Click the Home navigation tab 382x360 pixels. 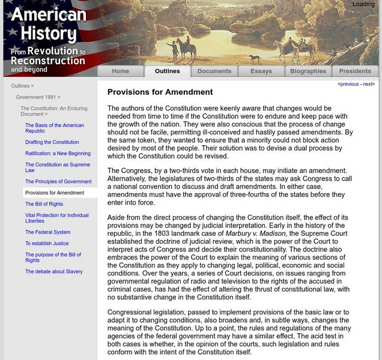(x=120, y=71)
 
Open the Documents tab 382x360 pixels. (x=214, y=71)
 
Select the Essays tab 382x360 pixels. (x=261, y=71)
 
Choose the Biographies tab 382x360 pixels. (x=308, y=71)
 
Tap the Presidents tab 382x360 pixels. (x=355, y=71)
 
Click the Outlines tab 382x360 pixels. (x=167, y=71)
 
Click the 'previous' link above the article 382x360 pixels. (x=349, y=85)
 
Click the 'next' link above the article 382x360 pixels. (x=368, y=85)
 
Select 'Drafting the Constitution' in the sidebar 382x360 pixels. (x=52, y=142)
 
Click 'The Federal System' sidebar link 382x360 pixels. (x=47, y=232)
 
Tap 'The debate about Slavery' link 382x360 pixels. (x=54, y=272)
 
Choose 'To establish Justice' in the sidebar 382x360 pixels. (x=47, y=244)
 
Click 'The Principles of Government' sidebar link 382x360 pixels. (x=58, y=181)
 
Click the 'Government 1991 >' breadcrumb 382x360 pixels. (x=38, y=97)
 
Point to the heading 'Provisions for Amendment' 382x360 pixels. (x=160, y=92)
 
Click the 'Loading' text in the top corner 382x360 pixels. (x=363, y=4)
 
